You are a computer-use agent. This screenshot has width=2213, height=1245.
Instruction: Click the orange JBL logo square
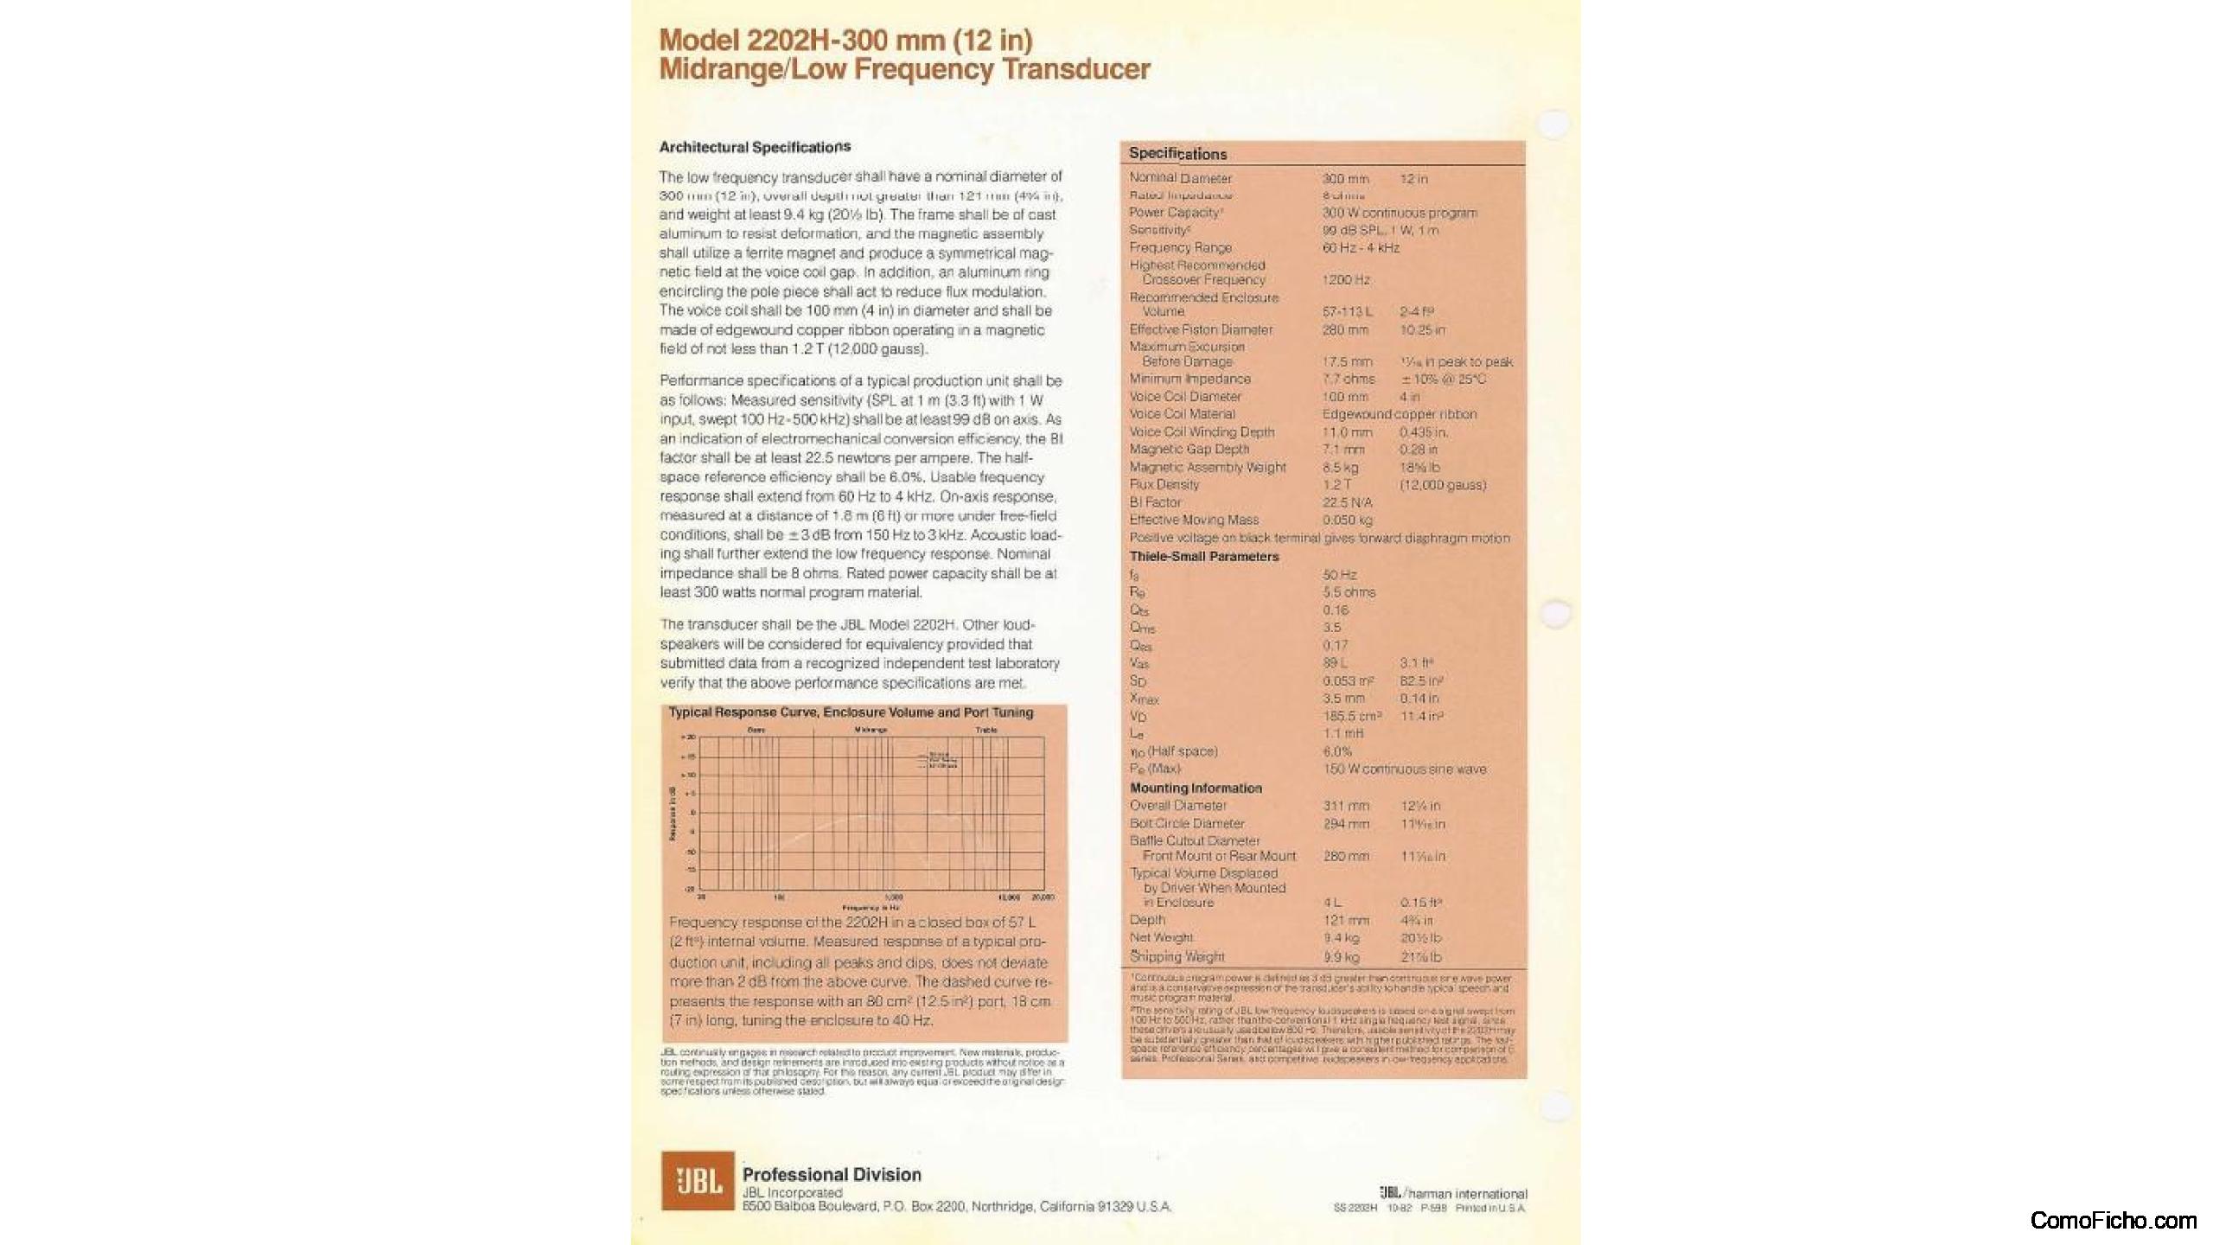coord(697,1180)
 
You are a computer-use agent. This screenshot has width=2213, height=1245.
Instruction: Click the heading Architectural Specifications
coord(755,147)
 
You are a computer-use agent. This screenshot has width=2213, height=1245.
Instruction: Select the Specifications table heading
coord(1177,154)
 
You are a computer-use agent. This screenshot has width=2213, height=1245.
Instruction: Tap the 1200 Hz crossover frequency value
coord(1346,280)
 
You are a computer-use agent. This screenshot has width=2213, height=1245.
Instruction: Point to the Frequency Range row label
coord(1180,248)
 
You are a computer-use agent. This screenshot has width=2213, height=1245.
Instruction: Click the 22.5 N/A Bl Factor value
coord(1347,502)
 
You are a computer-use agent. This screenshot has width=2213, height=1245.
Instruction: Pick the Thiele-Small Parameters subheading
coord(1204,557)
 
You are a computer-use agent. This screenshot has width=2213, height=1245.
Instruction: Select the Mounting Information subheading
coord(1196,788)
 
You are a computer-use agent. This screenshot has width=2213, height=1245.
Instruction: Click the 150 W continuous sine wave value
coord(1405,769)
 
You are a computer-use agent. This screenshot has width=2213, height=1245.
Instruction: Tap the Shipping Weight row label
coord(1177,957)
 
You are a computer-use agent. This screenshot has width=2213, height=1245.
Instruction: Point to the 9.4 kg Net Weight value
coord(1341,938)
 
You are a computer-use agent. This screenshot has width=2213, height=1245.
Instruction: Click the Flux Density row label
coord(1164,485)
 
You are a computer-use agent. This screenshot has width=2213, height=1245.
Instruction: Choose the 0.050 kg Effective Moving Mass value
coord(1347,520)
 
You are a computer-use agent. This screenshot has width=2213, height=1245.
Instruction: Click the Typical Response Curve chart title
coord(851,713)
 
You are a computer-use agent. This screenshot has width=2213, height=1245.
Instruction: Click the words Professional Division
coord(832,1175)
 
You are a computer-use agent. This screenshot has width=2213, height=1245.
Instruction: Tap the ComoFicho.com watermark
coord(2113,1221)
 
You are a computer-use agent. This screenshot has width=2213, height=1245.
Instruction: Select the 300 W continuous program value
coord(1400,213)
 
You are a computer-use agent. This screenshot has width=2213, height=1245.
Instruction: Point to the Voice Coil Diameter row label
coord(1185,397)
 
